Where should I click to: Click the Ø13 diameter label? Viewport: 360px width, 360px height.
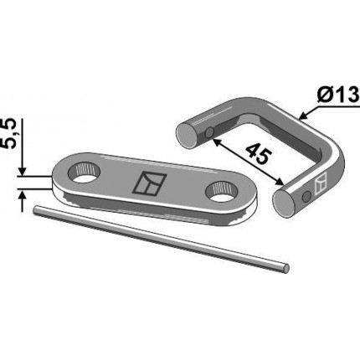[x=338, y=95]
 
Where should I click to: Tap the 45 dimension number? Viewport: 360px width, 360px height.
[x=259, y=154]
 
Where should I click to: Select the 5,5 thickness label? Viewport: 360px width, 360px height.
[x=10, y=133]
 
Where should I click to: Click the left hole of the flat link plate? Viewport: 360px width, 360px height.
[x=84, y=172]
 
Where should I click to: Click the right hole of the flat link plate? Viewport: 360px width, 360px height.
[x=221, y=191]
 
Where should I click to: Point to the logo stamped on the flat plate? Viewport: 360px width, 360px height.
[x=149, y=183]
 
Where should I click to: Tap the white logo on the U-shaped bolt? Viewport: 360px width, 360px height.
[x=321, y=185]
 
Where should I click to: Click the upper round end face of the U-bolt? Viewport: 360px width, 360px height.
[x=187, y=136]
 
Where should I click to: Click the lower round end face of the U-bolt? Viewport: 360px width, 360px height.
[x=283, y=202]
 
